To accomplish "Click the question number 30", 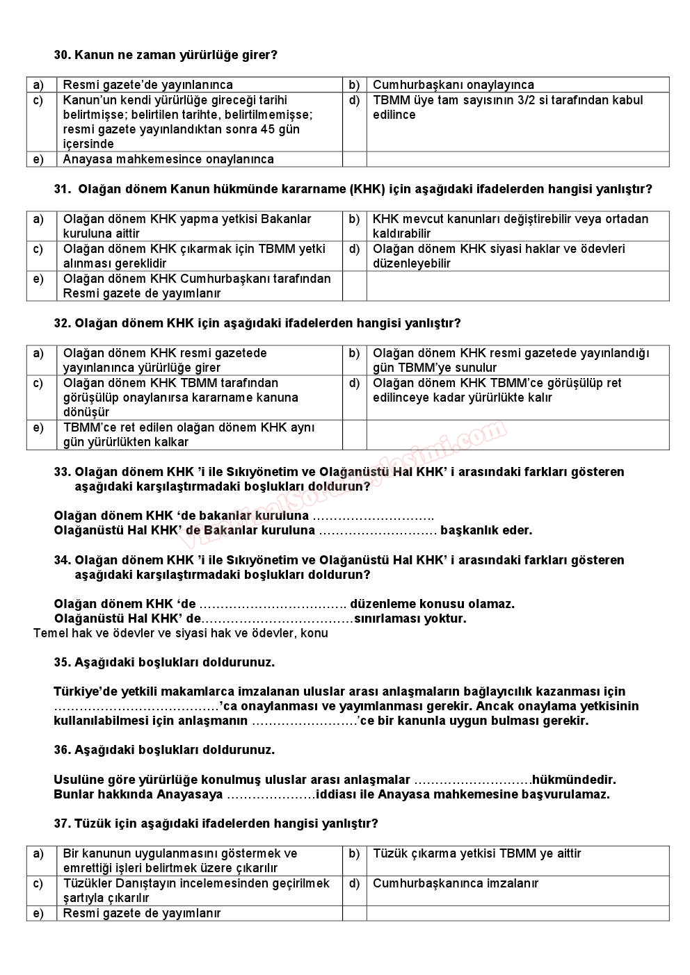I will click(x=62, y=55).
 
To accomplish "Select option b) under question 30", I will click(x=354, y=85).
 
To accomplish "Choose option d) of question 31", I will click(x=354, y=249).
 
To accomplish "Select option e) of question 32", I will click(x=38, y=427).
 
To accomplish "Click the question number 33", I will click(x=62, y=472).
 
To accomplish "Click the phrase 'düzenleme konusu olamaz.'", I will click(x=432, y=604).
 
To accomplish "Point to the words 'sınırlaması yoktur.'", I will click(x=410, y=618).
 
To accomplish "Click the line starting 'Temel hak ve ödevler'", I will click(x=181, y=633).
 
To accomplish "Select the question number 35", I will click(x=62, y=662).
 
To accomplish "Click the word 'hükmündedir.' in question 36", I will click(x=575, y=780).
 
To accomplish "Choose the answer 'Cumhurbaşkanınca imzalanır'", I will click(x=456, y=883).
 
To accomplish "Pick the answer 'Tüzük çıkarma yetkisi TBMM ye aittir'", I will click(x=477, y=853).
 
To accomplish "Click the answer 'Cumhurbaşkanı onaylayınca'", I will click(x=454, y=85).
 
